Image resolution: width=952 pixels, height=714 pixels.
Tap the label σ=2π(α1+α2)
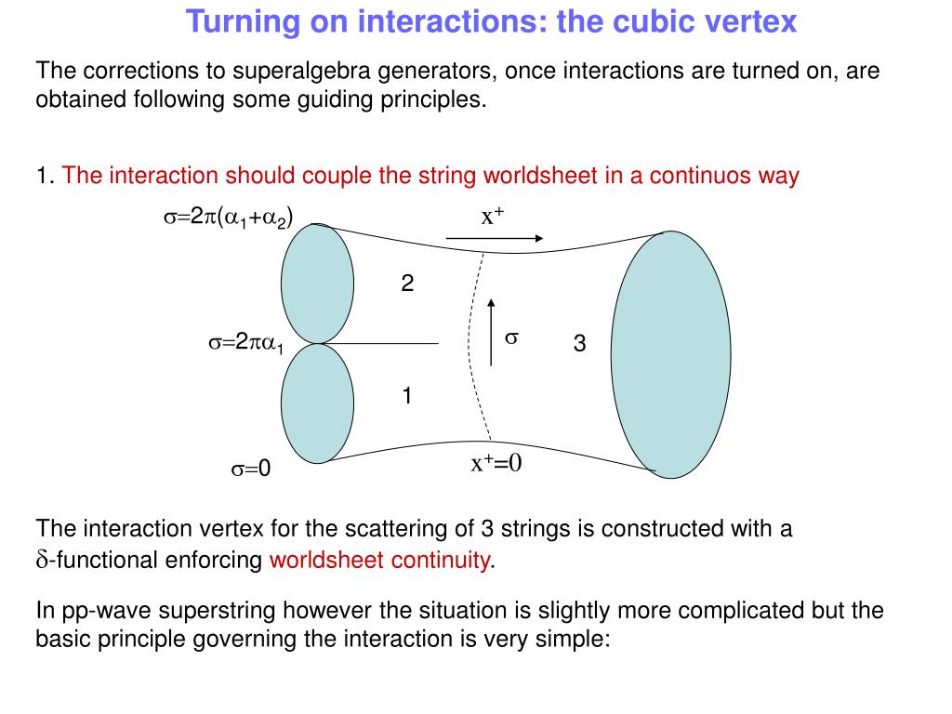point(229,218)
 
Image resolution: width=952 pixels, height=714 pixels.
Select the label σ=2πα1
point(246,343)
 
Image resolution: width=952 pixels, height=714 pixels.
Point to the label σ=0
point(250,469)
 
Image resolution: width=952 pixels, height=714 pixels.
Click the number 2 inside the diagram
point(407,284)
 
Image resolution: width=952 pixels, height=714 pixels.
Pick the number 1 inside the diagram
point(407,396)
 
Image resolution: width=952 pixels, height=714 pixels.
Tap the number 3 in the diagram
point(579,344)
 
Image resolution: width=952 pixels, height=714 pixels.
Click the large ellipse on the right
point(670,353)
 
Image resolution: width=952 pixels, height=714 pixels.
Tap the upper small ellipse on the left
point(317,284)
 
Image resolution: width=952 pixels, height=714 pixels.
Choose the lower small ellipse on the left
point(317,403)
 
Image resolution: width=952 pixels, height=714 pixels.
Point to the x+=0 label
point(496,463)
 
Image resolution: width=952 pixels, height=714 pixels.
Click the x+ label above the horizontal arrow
point(493,217)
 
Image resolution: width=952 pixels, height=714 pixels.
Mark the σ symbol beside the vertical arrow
point(510,339)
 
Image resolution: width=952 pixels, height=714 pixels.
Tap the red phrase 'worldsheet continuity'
point(379,560)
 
